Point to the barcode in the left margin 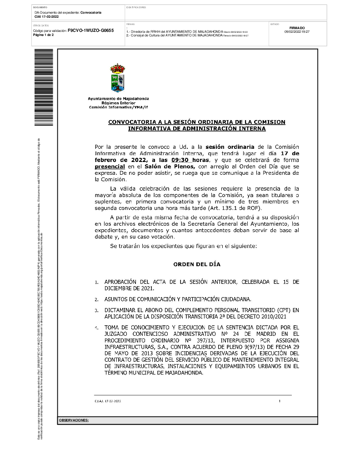pyautogui.click(x=44, y=86)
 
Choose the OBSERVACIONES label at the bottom pyautogui.click(x=74, y=420)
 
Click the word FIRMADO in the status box pyautogui.click(x=297, y=28)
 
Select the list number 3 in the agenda pyautogui.click(x=96, y=311)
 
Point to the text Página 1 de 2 pyautogui.click(x=44, y=35)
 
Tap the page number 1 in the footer pyautogui.click(x=280, y=401)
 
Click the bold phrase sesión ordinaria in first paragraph pyautogui.click(x=230, y=147)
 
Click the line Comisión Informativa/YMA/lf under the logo pyautogui.click(x=118, y=107)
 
